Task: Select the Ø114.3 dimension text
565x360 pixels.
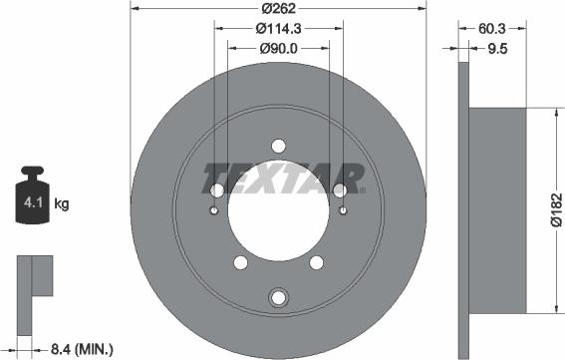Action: click(278, 30)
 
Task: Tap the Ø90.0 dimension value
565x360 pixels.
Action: click(278, 48)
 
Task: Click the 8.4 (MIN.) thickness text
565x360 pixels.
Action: click(81, 348)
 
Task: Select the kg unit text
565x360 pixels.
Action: click(61, 204)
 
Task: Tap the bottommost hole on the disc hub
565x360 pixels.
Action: click(279, 296)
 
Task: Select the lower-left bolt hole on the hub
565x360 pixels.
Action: click(240, 263)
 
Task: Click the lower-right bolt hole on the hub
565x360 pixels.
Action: click(317, 263)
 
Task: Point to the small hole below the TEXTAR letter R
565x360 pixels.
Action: click(343, 210)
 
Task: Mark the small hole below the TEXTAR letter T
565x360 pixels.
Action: click(214, 210)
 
